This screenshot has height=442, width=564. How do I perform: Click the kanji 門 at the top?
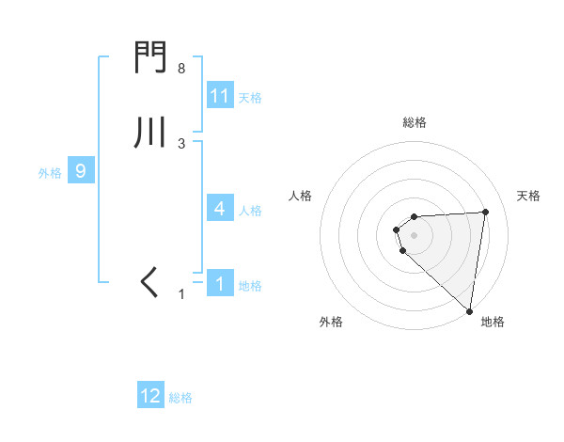click(x=150, y=60)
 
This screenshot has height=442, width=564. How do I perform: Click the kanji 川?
click(x=150, y=133)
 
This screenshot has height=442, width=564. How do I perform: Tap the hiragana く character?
click(x=150, y=281)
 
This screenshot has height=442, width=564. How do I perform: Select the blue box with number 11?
click(x=220, y=96)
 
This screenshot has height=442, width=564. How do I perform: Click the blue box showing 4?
click(x=220, y=209)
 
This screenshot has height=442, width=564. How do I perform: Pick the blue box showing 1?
click(x=220, y=284)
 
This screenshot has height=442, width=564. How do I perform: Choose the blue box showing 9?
click(x=81, y=171)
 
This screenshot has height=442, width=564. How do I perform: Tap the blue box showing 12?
click(x=150, y=396)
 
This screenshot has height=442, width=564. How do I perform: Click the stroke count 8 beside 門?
click(x=181, y=69)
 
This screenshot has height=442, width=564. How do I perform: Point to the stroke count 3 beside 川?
click(x=181, y=143)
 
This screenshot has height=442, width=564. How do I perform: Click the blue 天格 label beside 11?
click(x=250, y=98)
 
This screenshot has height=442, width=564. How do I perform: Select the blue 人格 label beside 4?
click(x=250, y=211)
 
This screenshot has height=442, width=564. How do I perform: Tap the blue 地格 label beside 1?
click(x=250, y=286)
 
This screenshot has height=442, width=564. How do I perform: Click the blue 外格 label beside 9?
click(x=50, y=173)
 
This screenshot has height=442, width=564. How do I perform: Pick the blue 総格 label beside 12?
click(x=180, y=398)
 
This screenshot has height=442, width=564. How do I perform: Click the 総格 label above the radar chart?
click(x=415, y=122)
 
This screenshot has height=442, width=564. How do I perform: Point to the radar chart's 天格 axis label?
click(x=528, y=196)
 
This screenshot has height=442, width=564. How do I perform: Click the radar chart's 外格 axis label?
click(x=331, y=323)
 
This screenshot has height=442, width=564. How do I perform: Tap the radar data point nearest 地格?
click(x=469, y=310)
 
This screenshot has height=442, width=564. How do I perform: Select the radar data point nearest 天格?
click(x=485, y=212)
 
